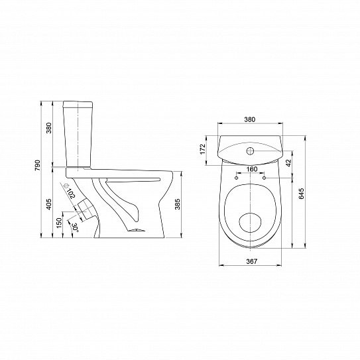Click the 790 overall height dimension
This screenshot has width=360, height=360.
(37, 165)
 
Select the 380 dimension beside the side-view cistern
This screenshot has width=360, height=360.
(49, 128)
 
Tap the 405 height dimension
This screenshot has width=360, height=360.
(49, 204)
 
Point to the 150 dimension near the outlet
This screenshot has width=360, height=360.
(59, 223)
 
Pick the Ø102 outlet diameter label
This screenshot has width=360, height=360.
(70, 190)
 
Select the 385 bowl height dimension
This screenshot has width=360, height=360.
(178, 204)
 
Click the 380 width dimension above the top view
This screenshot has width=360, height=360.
(249, 119)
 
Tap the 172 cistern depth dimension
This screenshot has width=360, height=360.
(202, 149)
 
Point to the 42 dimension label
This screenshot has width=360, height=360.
(288, 162)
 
